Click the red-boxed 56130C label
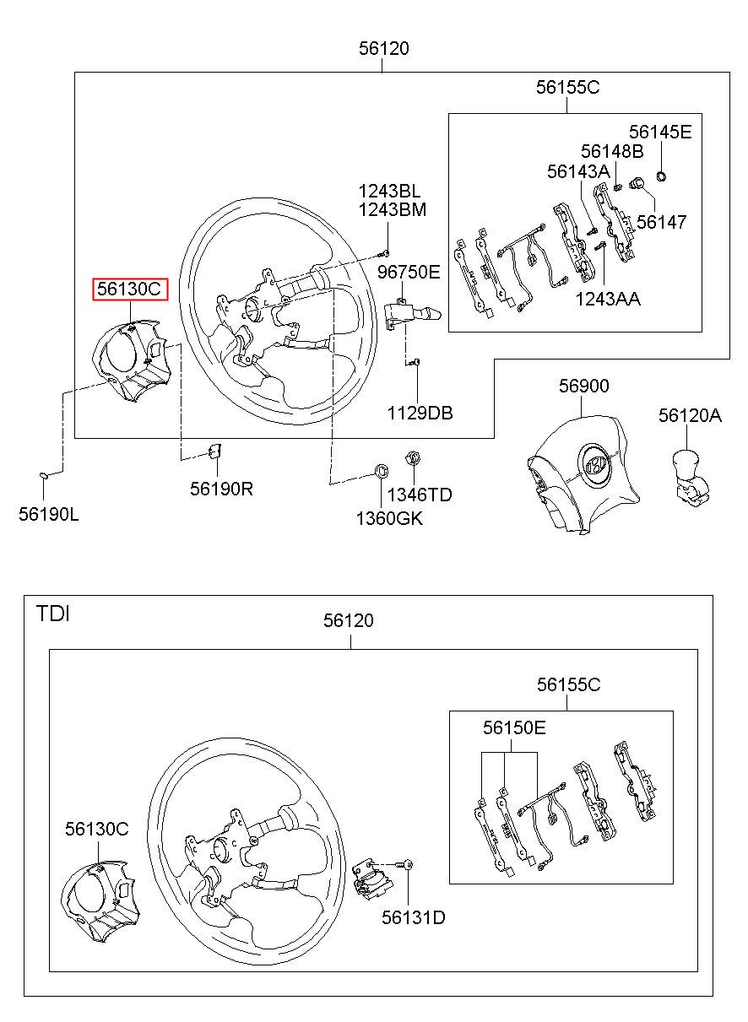pos(130,289)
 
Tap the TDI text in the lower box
pos(52,614)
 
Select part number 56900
pos(583,386)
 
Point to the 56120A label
pos(690,415)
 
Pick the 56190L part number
pos(48,514)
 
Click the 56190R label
pos(221,489)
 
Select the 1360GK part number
pos(389,518)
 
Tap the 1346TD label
pos(420,495)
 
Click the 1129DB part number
pos(420,413)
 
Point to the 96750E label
pos(409,272)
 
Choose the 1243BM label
pos(392,209)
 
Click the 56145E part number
pos(660,132)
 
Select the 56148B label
pos(612,151)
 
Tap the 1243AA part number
pos(608,299)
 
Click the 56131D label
pos(413,917)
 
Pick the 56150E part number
pos(514,727)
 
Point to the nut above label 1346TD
pos(413,457)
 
